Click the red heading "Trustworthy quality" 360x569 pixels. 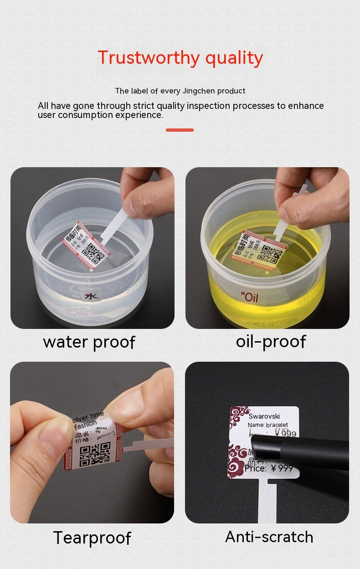(180, 58)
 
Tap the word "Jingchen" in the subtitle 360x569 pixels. (199, 91)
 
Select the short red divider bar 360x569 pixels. (180, 130)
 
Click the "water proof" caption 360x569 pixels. (89, 342)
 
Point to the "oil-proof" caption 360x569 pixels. (271, 341)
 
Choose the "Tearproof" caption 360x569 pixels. (92, 538)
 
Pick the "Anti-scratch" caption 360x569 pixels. (269, 537)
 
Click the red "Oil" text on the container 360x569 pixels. (250, 297)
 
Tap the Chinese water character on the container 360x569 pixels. (92, 296)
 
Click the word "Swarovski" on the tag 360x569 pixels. (264, 416)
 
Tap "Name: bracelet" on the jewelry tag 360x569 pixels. (268, 425)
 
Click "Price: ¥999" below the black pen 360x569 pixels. (269, 468)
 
